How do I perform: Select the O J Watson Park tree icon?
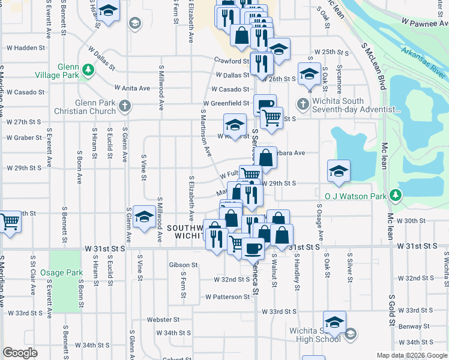395,195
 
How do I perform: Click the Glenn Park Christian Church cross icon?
124,107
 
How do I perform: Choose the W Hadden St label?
26,48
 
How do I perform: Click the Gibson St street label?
184,265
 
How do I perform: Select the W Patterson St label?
227,296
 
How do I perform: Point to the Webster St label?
168,320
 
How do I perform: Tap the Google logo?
20,353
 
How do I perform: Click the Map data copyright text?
411,355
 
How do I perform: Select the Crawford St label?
232,61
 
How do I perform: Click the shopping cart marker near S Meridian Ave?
10,223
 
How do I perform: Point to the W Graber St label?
24,137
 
